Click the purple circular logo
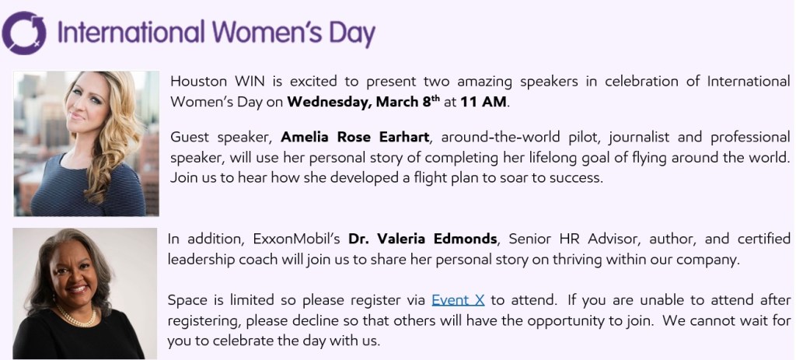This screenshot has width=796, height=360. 24,33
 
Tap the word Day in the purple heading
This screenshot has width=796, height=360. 352,34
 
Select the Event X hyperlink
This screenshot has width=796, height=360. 458,300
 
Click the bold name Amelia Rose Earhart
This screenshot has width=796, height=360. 354,137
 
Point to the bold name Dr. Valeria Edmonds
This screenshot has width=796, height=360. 422,239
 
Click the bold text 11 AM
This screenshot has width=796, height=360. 484,102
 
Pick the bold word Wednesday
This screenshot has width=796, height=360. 329,102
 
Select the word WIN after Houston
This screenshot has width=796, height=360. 250,81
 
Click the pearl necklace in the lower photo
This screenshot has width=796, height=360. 75,316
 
